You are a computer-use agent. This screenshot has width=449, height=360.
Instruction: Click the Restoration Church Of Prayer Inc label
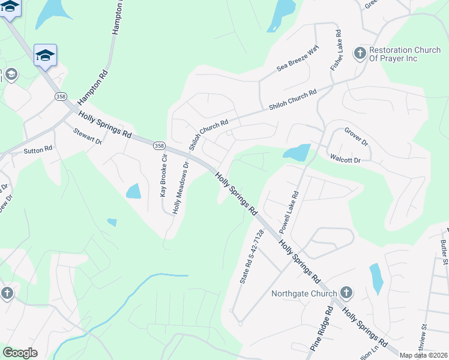(x=405, y=55)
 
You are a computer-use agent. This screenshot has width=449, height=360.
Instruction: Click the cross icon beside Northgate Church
(x=346, y=293)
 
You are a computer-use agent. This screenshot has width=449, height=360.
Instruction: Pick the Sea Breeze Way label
(x=298, y=58)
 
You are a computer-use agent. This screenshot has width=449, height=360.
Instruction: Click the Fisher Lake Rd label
(x=336, y=51)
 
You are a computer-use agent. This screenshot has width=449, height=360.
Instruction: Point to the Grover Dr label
(x=356, y=137)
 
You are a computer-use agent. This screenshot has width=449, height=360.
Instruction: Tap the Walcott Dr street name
(x=345, y=160)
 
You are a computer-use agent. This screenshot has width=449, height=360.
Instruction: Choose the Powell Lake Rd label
(x=289, y=212)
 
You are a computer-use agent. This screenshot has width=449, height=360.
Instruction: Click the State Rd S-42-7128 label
(x=252, y=257)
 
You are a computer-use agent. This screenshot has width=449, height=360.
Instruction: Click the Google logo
(x=20, y=353)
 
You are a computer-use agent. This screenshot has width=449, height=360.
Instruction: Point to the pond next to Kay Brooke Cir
(x=133, y=191)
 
